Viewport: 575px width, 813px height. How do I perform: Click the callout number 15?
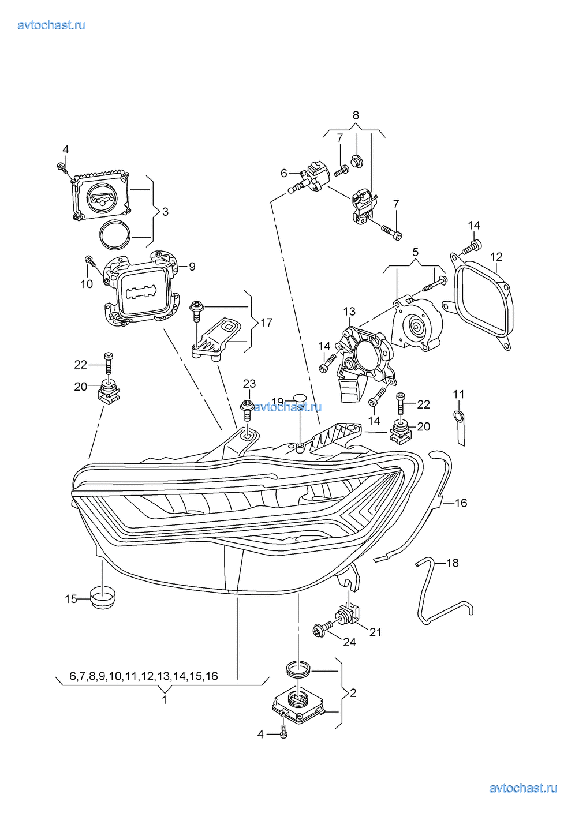coord(70,599)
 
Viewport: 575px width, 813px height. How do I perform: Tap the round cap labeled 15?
coord(103,598)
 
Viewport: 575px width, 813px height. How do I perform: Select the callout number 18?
coord(453,563)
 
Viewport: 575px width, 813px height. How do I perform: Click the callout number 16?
coord(461,503)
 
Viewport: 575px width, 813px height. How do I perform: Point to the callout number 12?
coord(496,257)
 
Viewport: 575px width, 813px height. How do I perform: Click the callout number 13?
coord(349,312)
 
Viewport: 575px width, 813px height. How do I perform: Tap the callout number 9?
coord(192,267)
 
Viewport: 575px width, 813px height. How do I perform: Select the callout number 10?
coord(87,284)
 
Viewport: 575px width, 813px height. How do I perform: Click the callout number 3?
coord(165,212)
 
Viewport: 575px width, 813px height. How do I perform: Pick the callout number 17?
coord(266,323)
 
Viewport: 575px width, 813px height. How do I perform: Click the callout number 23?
coord(249,384)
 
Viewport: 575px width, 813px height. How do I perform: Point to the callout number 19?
coord(278,402)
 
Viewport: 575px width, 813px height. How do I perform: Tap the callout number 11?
coord(458,395)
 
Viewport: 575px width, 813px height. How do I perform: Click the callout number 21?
coord(375,632)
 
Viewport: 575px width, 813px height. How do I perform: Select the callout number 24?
coord(349,642)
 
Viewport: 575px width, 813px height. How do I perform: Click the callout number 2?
coord(353,693)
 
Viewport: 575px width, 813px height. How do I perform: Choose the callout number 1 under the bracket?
coord(165,700)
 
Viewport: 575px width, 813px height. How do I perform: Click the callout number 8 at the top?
coord(356,115)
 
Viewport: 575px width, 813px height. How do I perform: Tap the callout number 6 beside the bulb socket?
coord(283,173)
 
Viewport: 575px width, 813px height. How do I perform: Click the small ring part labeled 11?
coord(458,417)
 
